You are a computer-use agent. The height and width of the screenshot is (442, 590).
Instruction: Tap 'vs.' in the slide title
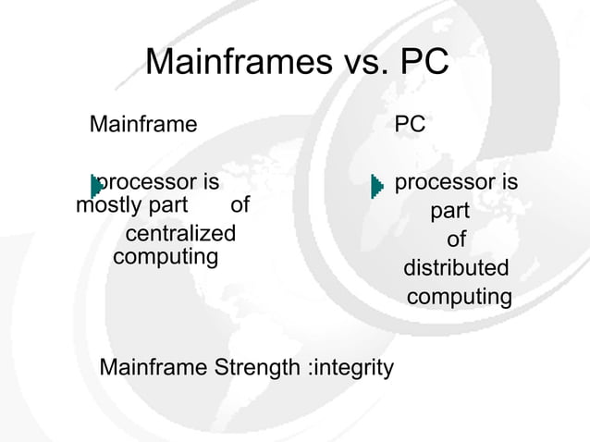click(x=362, y=64)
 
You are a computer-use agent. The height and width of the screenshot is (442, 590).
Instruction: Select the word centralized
click(x=180, y=232)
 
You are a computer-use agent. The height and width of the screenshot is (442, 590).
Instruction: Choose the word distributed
click(x=456, y=268)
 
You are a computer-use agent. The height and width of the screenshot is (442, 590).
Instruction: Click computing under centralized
click(x=165, y=254)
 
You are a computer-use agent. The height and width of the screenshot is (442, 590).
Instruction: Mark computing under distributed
click(x=459, y=298)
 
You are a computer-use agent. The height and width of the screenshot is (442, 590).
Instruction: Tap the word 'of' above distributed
click(x=456, y=239)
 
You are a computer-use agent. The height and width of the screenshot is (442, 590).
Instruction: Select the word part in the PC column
click(x=449, y=212)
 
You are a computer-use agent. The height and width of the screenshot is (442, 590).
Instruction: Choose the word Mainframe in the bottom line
click(x=153, y=368)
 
